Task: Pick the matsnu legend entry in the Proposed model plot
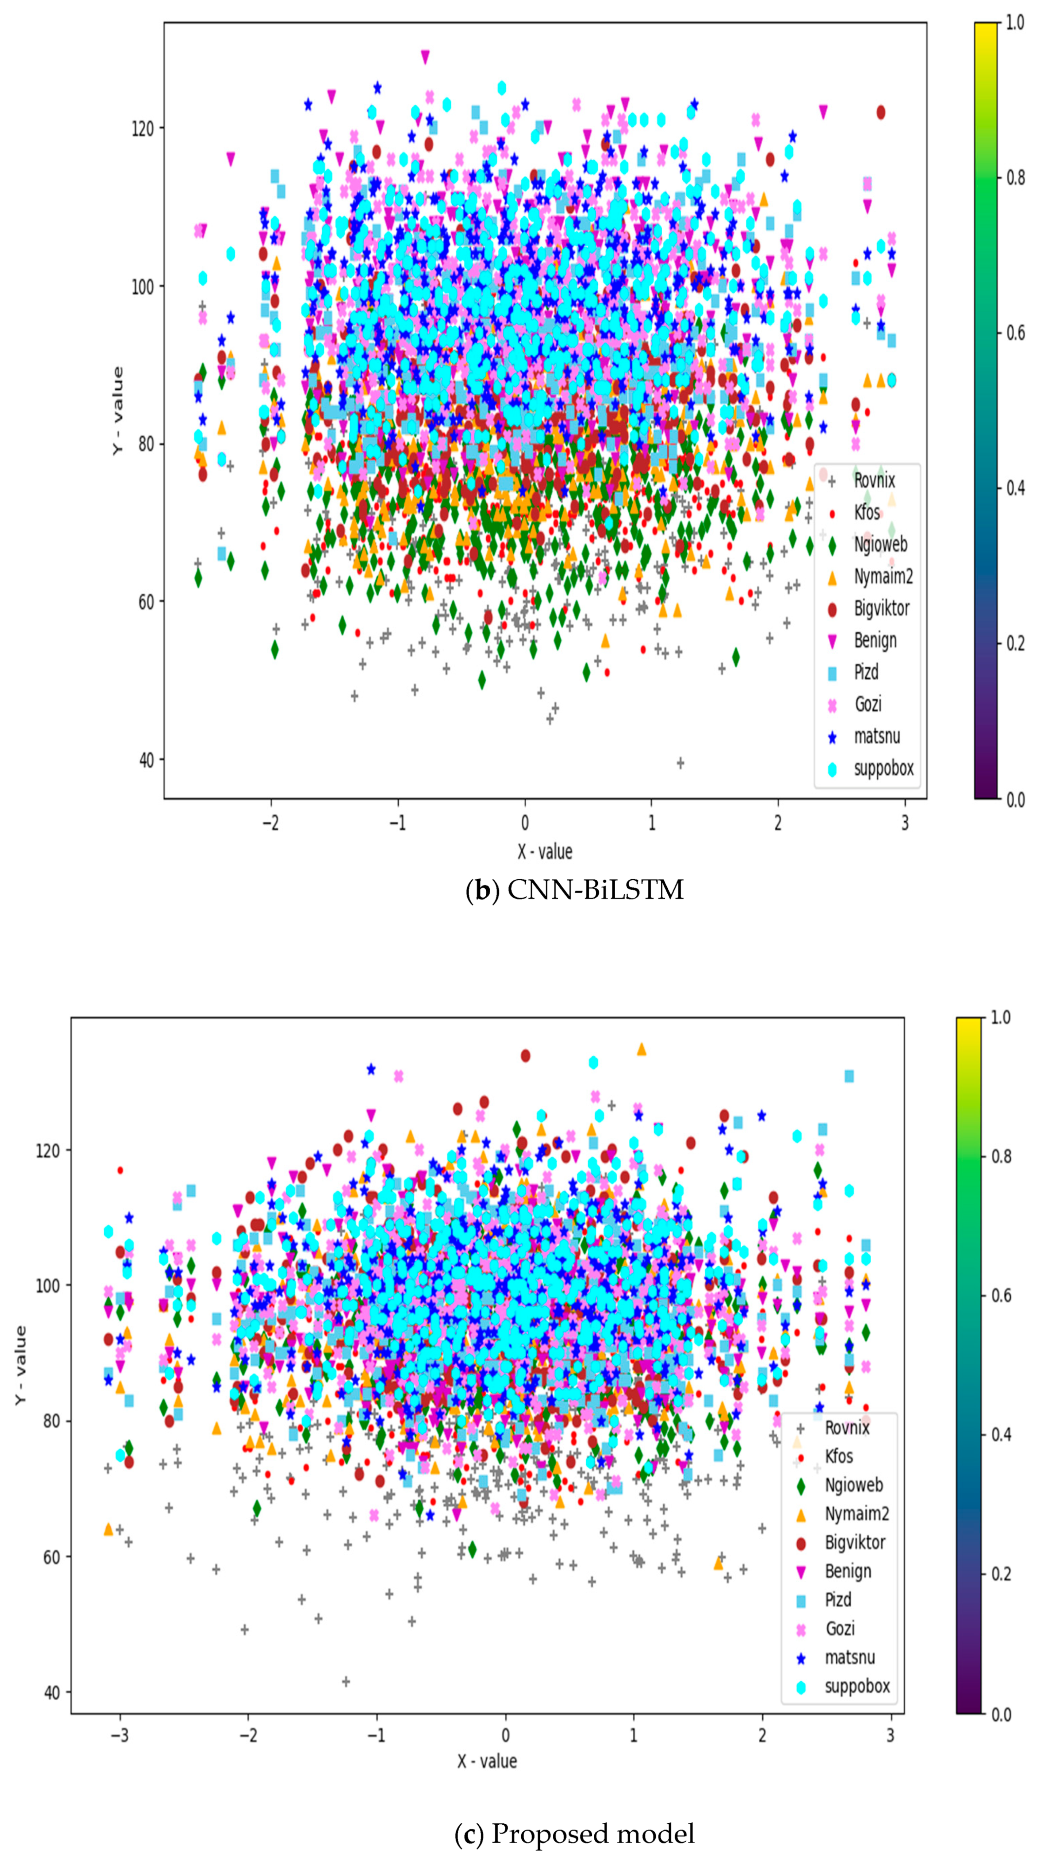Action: (x=850, y=1658)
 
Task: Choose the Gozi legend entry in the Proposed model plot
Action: (x=840, y=1629)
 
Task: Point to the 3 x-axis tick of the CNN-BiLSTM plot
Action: (x=904, y=824)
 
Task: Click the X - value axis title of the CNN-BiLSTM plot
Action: (x=545, y=852)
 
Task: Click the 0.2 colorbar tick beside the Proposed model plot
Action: (x=1000, y=1574)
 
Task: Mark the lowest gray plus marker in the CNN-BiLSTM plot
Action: (x=680, y=763)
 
